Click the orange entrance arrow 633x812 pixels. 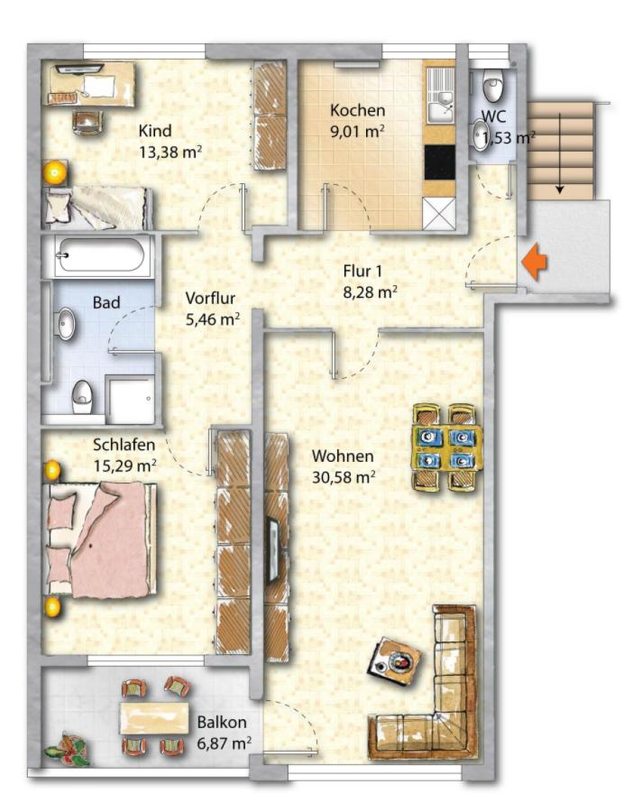click(x=534, y=263)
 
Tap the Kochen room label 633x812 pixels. click(x=358, y=110)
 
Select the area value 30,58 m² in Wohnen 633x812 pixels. click(x=344, y=476)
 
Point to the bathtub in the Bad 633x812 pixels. click(x=101, y=256)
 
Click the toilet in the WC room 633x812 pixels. click(x=492, y=85)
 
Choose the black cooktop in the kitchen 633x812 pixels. click(x=439, y=162)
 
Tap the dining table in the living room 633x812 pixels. click(x=446, y=447)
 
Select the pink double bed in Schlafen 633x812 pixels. click(x=102, y=540)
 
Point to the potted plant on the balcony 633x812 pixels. click(x=68, y=748)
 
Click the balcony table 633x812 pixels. click(x=153, y=718)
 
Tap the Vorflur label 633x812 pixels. click(x=210, y=299)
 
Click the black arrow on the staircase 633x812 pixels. click(x=559, y=154)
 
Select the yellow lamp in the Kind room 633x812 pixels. click(x=55, y=173)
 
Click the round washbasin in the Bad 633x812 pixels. click(x=66, y=324)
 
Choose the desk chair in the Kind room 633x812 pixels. click(x=87, y=122)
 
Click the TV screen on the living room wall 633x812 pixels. click(x=272, y=552)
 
